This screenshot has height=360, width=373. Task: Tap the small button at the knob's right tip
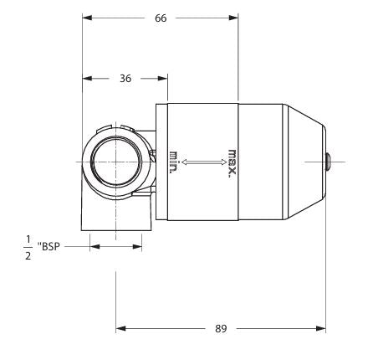click(329, 160)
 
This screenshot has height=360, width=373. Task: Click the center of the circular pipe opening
click(115, 160)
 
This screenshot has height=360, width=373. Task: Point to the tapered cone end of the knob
click(305, 160)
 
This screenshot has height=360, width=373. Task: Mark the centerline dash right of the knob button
click(351, 160)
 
